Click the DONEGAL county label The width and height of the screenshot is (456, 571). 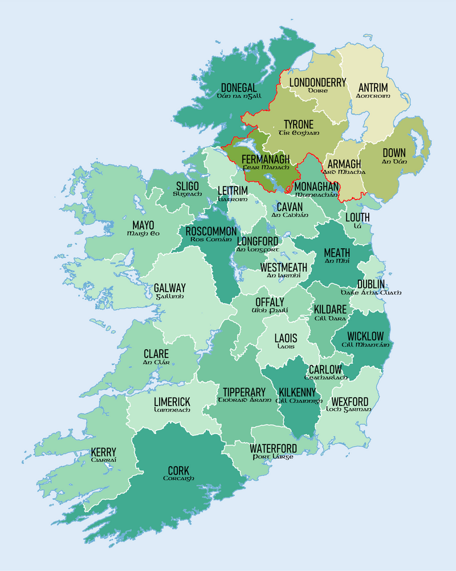tap(239, 88)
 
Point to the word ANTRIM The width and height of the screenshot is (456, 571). tap(373, 88)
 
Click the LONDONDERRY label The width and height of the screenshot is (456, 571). tap(317, 82)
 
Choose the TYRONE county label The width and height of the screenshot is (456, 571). tap(298, 124)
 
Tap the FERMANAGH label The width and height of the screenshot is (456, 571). tap(266, 159)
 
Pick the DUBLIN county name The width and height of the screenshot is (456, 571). tap(371, 284)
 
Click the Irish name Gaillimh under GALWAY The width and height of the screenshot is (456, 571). tap(169, 297)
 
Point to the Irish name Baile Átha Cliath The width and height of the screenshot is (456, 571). tap(370, 293)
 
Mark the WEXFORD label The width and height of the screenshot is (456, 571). tap(349, 402)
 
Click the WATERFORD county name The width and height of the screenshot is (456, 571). tap(273, 448)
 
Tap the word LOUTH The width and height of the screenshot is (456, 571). tap(357, 217)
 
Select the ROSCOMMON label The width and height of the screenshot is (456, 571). tap(207, 232)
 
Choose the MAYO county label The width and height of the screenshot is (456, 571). tap(143, 225)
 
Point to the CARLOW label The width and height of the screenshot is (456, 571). tap(325, 369)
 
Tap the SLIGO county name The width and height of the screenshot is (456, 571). tap(188, 187)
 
